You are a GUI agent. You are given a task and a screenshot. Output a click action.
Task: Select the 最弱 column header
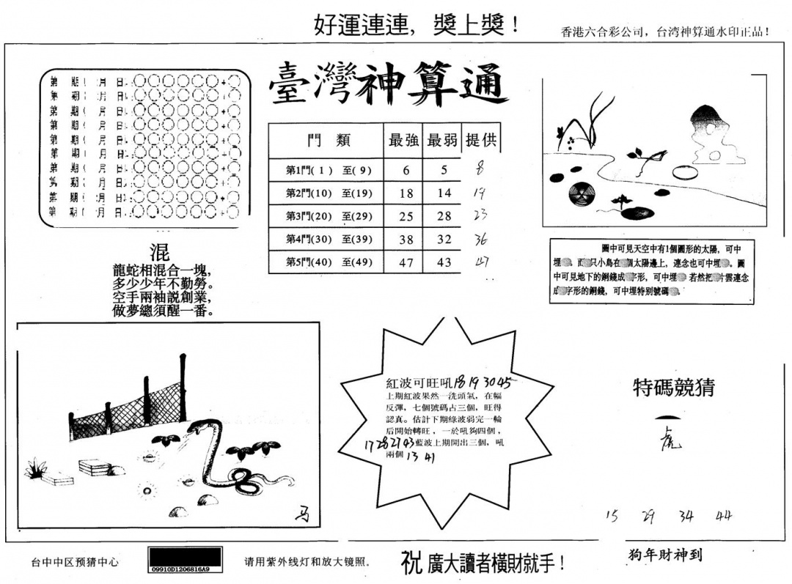point(442,140)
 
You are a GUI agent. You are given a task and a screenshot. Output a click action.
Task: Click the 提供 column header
point(482,140)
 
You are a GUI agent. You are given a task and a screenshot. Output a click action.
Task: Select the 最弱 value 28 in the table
point(443,216)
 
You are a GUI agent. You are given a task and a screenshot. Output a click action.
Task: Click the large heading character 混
point(160,253)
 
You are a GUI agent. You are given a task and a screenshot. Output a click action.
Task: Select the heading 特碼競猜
point(673,388)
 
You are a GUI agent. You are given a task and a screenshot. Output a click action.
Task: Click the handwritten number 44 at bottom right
point(724,516)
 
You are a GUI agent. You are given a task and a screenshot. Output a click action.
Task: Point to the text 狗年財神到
point(664,555)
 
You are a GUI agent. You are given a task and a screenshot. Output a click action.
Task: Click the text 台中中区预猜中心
point(74,563)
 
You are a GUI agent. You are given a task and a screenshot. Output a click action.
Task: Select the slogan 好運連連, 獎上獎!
point(417,25)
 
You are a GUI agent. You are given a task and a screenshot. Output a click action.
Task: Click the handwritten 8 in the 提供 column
point(480,169)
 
